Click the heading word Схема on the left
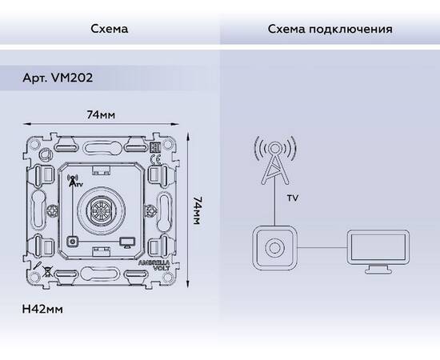[110, 29]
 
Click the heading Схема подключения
[330, 29]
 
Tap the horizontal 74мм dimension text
[101, 115]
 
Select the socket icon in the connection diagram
[275, 247]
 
